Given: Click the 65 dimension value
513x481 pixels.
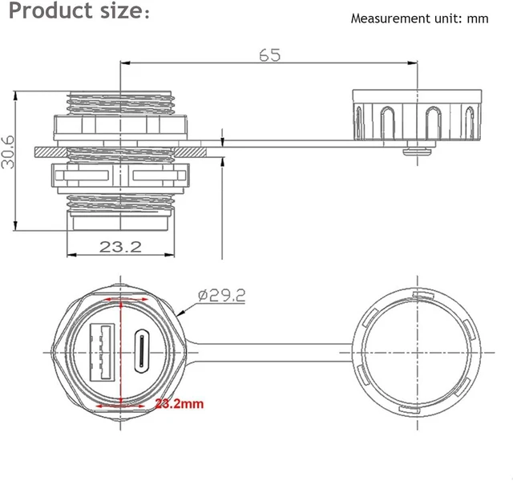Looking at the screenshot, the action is [270, 55].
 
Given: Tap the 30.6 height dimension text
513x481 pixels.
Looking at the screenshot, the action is [8, 152].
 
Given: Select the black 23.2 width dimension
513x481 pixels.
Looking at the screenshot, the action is [120, 247].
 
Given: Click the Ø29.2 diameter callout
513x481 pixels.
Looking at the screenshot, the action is [221, 296].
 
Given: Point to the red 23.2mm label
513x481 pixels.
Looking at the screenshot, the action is [180, 403].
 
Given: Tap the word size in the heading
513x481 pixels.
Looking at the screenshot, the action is [121, 10].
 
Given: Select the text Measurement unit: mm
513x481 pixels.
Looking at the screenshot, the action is [419, 18].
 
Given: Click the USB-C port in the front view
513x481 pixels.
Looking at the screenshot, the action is [142, 351].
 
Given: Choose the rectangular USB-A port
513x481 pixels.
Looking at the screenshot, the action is [102, 352].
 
